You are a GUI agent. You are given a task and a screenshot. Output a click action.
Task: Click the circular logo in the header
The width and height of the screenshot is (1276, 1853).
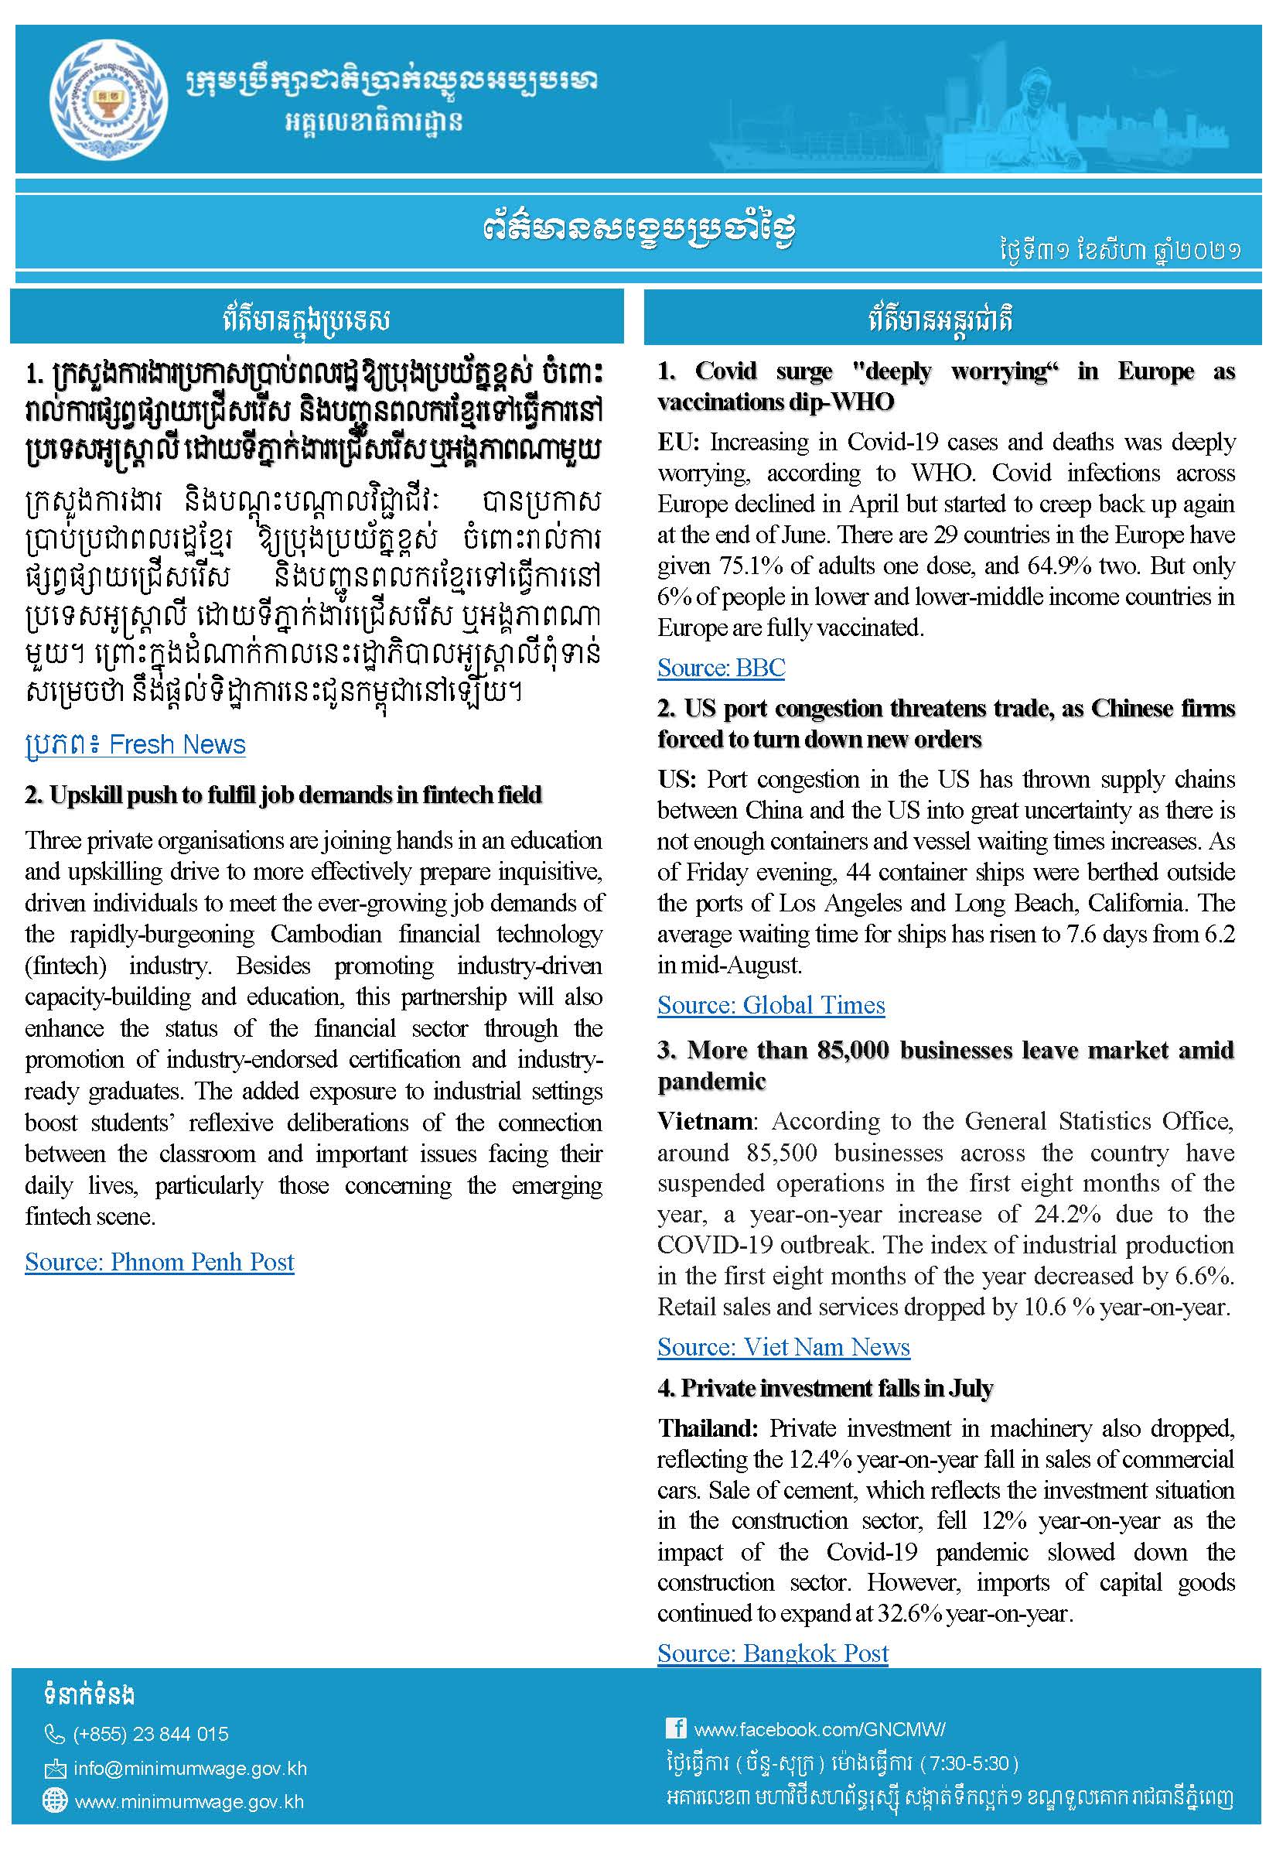tap(108, 99)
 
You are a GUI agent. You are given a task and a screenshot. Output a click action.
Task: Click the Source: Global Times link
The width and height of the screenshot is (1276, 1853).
tap(771, 1005)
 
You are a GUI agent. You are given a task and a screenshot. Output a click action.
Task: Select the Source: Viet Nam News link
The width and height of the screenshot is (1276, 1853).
tap(783, 1348)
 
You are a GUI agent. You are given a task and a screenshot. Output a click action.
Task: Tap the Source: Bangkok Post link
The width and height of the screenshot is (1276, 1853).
tap(773, 1653)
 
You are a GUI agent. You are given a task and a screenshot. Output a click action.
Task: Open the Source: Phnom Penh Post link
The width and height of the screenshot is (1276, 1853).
tap(159, 1262)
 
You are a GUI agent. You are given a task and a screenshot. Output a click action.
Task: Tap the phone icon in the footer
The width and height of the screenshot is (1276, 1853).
tap(54, 1734)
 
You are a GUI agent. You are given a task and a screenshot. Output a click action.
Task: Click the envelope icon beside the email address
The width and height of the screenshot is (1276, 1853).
tap(54, 1768)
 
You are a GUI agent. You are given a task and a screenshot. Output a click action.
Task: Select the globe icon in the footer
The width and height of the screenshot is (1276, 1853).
tap(54, 1800)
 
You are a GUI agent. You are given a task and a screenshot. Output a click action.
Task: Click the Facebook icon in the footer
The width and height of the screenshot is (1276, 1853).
tap(676, 1728)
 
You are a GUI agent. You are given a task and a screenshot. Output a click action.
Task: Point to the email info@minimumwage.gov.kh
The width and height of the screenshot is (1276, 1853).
tap(190, 1768)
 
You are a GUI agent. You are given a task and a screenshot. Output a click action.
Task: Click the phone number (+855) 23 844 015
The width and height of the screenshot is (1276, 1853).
tap(150, 1734)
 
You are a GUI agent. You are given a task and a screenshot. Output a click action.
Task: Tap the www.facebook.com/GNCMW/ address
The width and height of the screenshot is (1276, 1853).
tap(819, 1729)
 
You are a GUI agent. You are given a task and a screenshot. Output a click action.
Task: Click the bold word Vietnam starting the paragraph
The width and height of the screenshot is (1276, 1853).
tap(704, 1121)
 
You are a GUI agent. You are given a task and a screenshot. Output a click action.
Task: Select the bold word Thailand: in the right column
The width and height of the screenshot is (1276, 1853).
tap(707, 1428)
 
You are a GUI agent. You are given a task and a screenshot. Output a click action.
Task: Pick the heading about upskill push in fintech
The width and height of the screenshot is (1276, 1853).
tap(283, 795)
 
